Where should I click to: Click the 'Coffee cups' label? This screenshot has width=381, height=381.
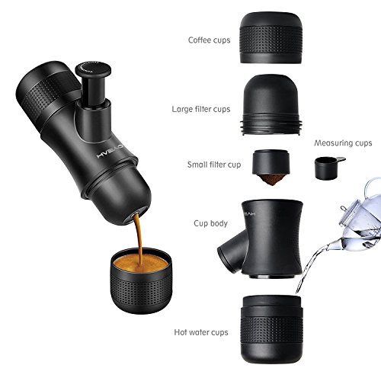point(209,40)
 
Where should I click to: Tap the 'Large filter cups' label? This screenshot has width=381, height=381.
point(201,109)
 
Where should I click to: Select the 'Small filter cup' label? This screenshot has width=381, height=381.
point(214,165)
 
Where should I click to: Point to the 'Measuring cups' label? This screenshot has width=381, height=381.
point(343,143)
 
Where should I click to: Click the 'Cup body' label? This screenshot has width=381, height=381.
point(210,223)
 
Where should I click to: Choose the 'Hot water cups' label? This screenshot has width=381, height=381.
point(201,332)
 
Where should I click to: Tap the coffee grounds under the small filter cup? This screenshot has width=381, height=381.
point(271,180)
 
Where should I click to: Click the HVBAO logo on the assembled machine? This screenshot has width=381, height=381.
point(110,152)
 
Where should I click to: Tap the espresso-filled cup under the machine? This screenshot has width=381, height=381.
point(141,280)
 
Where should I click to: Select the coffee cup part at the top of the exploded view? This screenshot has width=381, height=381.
point(271,37)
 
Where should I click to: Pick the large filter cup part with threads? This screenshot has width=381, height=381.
point(271,104)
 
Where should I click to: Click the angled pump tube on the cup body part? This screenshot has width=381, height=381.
point(232,251)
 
